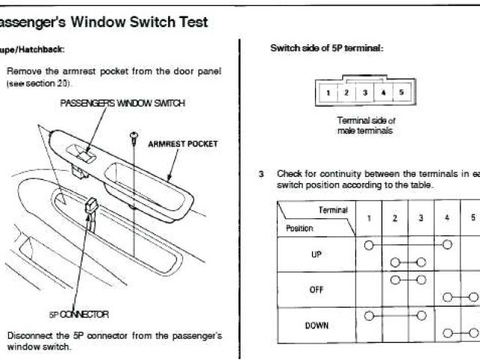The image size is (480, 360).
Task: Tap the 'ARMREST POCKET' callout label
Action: pos(183,143)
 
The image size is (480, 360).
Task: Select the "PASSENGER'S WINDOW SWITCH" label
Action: pos(122,103)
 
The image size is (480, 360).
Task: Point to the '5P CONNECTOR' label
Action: pos(79,314)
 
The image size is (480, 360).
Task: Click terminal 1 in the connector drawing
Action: pos(328,93)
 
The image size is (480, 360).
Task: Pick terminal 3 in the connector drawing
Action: pos(364,93)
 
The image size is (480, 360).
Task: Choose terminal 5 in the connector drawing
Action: pos(401,93)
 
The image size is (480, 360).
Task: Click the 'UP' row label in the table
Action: pos(316,254)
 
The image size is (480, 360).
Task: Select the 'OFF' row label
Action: pos(316,289)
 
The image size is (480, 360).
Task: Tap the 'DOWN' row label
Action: pos(316,325)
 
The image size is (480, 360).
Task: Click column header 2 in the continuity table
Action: pos(394,217)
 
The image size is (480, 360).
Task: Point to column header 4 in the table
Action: pos(447,217)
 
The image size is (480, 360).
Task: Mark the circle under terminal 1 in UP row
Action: pos(368,245)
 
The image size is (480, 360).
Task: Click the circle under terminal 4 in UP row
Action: pos(447,245)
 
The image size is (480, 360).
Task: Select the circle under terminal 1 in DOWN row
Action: pos(368,316)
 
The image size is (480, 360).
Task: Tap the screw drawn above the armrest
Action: pos(133,136)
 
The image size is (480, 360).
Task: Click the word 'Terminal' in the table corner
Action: pos(334,210)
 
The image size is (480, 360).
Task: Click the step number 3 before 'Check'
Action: pos(261,173)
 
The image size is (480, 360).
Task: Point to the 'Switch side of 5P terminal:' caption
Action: pos(326,49)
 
